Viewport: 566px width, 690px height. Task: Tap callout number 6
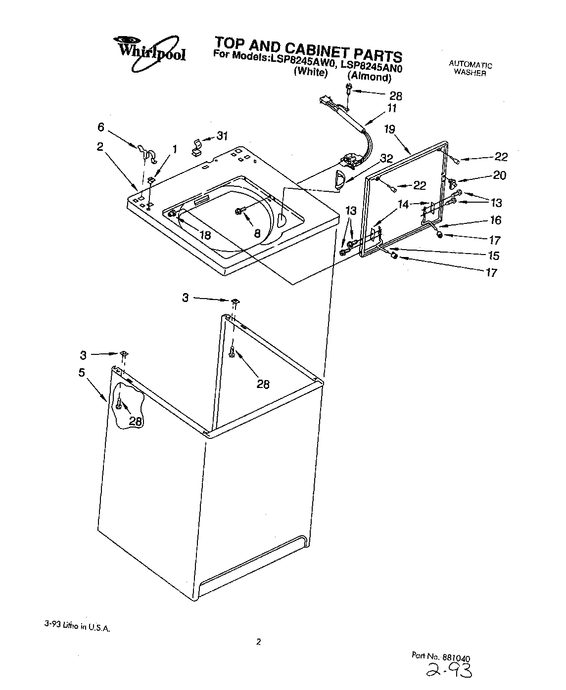click(100, 127)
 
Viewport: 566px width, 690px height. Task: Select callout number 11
click(392, 108)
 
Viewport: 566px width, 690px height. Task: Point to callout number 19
click(389, 129)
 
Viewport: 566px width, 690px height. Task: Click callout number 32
click(386, 158)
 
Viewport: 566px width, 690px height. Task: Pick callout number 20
click(500, 175)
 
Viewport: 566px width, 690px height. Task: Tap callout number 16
click(496, 220)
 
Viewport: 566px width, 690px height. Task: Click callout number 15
click(493, 256)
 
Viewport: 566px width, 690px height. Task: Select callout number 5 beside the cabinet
click(82, 372)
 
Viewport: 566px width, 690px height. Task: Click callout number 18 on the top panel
click(204, 235)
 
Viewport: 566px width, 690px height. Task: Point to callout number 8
click(257, 234)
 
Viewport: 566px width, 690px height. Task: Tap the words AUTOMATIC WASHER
click(470, 69)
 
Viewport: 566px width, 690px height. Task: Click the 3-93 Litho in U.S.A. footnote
click(77, 626)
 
